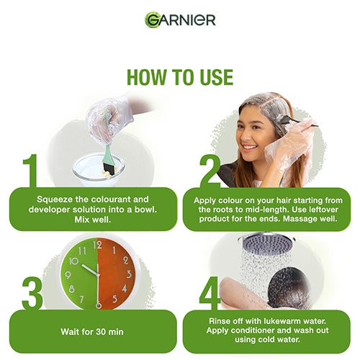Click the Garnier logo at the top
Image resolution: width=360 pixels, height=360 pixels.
pos(180,19)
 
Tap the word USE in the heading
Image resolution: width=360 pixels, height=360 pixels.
pos(217,77)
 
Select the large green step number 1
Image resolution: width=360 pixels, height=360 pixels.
pos(30,171)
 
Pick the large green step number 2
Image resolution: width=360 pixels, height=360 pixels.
pos(210,171)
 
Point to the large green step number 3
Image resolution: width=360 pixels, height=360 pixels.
pos(32,293)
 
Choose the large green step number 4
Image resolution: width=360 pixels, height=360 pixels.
pos(210,293)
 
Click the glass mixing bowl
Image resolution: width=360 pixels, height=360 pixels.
pos(99,169)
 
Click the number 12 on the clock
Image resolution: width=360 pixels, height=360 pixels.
pos(97,245)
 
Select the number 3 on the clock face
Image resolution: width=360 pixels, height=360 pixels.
pos(129,274)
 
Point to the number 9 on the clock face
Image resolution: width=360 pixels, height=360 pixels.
pos(68,275)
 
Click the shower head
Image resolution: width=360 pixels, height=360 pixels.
pos(266,243)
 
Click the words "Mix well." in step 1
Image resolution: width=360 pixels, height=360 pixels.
pos(93,220)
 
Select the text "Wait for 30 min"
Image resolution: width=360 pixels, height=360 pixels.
pos(92,332)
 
